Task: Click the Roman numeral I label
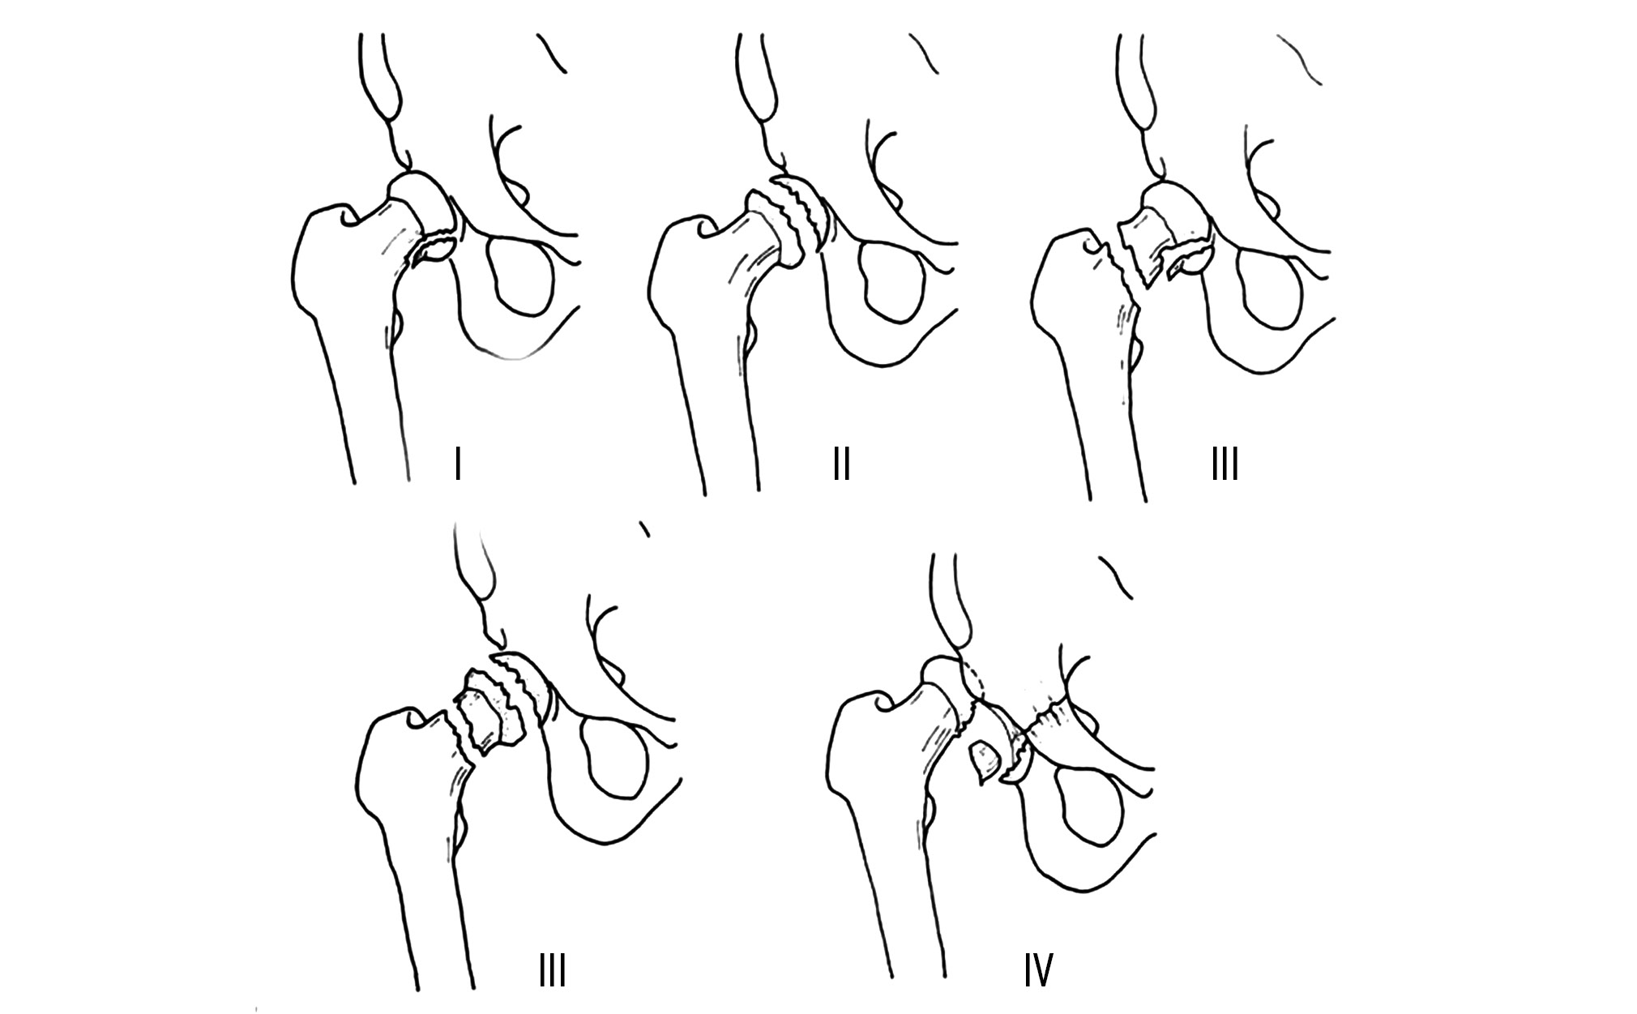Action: [x=458, y=465]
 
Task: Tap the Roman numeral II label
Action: [x=841, y=465]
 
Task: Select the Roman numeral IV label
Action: [x=1037, y=970]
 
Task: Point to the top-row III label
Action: [x=1225, y=465]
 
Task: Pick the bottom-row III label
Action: [x=552, y=970]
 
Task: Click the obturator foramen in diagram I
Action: [x=519, y=276]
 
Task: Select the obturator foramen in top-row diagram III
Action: [x=1276, y=287]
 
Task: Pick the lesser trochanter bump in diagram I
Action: [x=395, y=325]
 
